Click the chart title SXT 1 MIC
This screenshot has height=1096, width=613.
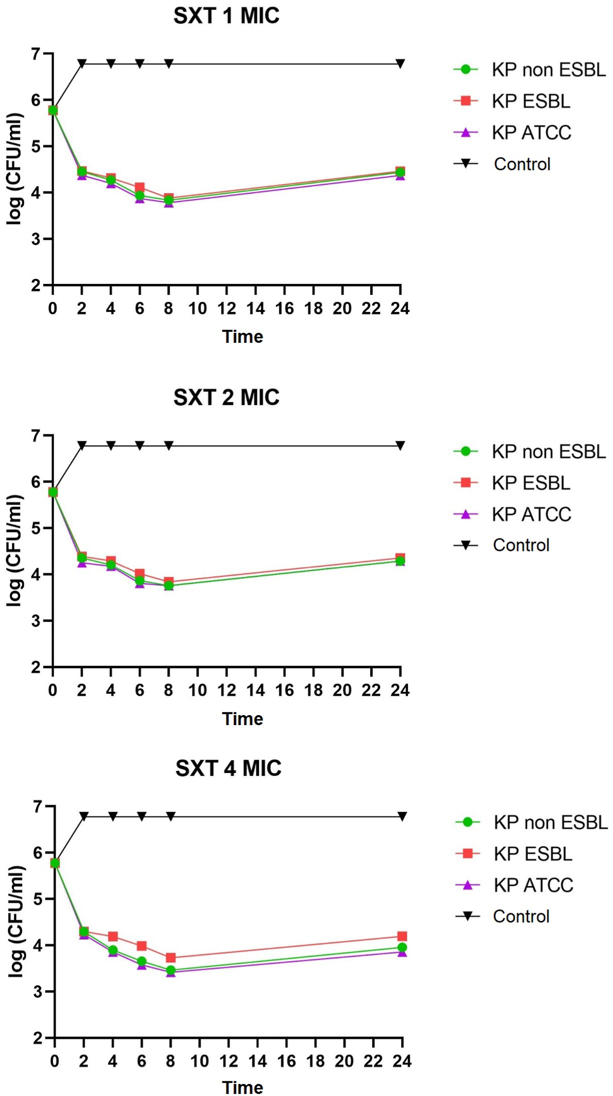[x=226, y=16]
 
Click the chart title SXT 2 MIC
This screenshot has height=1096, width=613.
[x=226, y=397]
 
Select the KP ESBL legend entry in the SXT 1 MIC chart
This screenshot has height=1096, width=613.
[x=530, y=101]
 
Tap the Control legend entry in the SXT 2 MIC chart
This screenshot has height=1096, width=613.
[x=521, y=545]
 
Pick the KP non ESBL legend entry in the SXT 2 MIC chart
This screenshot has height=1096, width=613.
[x=548, y=451]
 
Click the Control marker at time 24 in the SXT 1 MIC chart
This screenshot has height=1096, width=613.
[x=400, y=63]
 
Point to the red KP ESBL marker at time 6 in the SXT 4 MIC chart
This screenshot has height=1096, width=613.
[x=142, y=946]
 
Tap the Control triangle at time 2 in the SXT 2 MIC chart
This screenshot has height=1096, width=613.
[x=82, y=445]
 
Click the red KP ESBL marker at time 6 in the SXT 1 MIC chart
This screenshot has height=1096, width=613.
[x=140, y=187]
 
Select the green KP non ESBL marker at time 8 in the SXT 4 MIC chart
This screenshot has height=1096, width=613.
[x=171, y=970]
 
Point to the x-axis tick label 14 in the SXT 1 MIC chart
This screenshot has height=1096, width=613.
[x=255, y=309]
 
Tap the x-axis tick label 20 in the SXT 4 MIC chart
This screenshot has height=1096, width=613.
[x=344, y=1061]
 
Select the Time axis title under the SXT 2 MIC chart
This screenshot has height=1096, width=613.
[x=243, y=719]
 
